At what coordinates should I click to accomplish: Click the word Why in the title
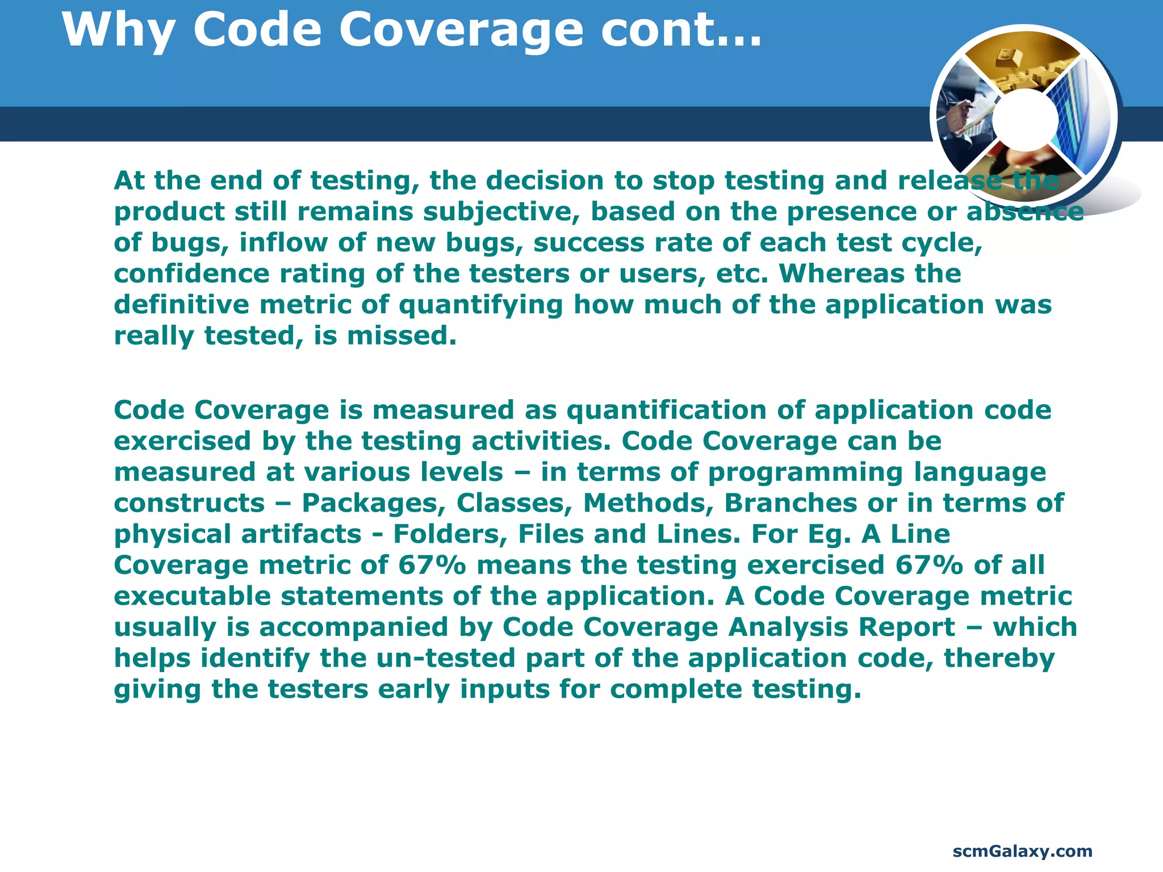[118, 31]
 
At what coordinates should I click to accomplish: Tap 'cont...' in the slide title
[681, 31]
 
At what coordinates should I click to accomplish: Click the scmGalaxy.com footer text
[1022, 851]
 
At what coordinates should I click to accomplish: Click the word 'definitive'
[181, 305]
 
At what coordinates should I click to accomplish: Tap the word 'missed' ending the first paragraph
[401, 336]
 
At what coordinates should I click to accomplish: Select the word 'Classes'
[514, 503]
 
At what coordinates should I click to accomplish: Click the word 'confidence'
[191, 274]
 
